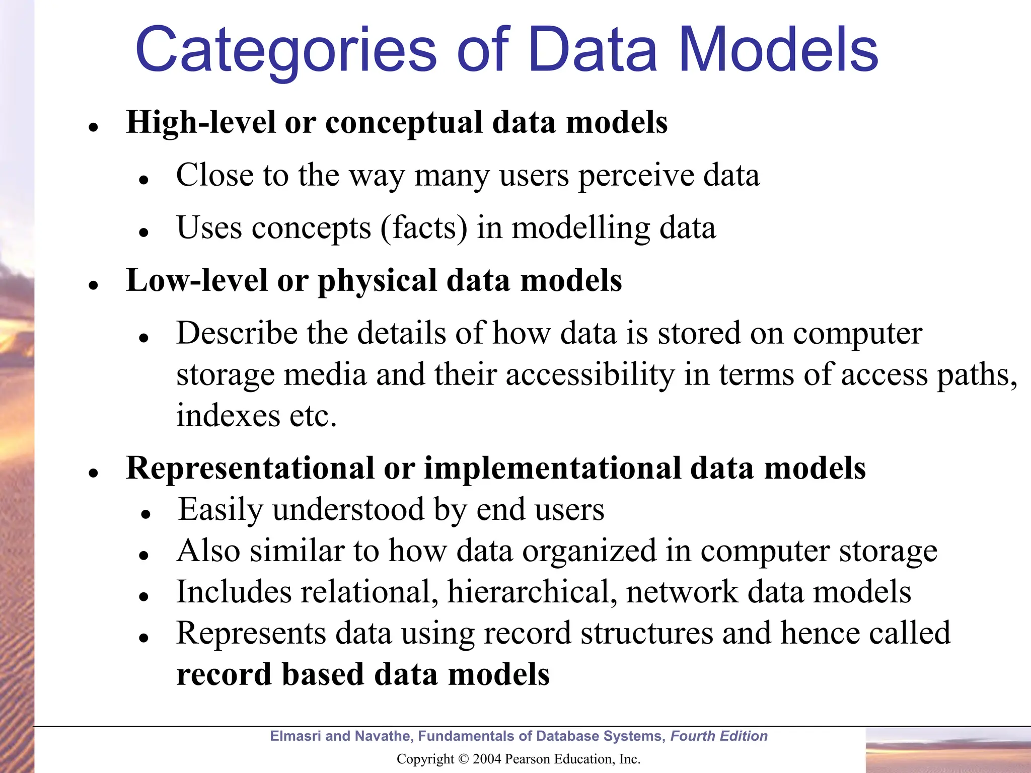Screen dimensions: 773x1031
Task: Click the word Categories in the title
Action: click(286, 50)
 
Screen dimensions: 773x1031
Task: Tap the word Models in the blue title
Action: click(778, 50)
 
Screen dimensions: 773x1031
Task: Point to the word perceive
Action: click(635, 176)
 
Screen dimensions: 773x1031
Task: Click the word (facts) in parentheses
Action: click(424, 228)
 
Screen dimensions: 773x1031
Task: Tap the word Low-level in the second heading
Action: click(196, 280)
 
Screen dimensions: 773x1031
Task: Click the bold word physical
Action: click(377, 281)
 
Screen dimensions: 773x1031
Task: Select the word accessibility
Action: click(590, 375)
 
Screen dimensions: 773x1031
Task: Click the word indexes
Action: click(228, 416)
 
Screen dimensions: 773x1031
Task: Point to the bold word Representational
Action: click(250, 469)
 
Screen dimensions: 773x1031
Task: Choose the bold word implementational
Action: click(552, 469)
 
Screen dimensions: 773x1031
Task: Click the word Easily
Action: click(220, 510)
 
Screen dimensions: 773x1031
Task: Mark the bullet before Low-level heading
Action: click(93, 285)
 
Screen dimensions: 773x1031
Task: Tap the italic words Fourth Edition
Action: click(719, 736)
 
